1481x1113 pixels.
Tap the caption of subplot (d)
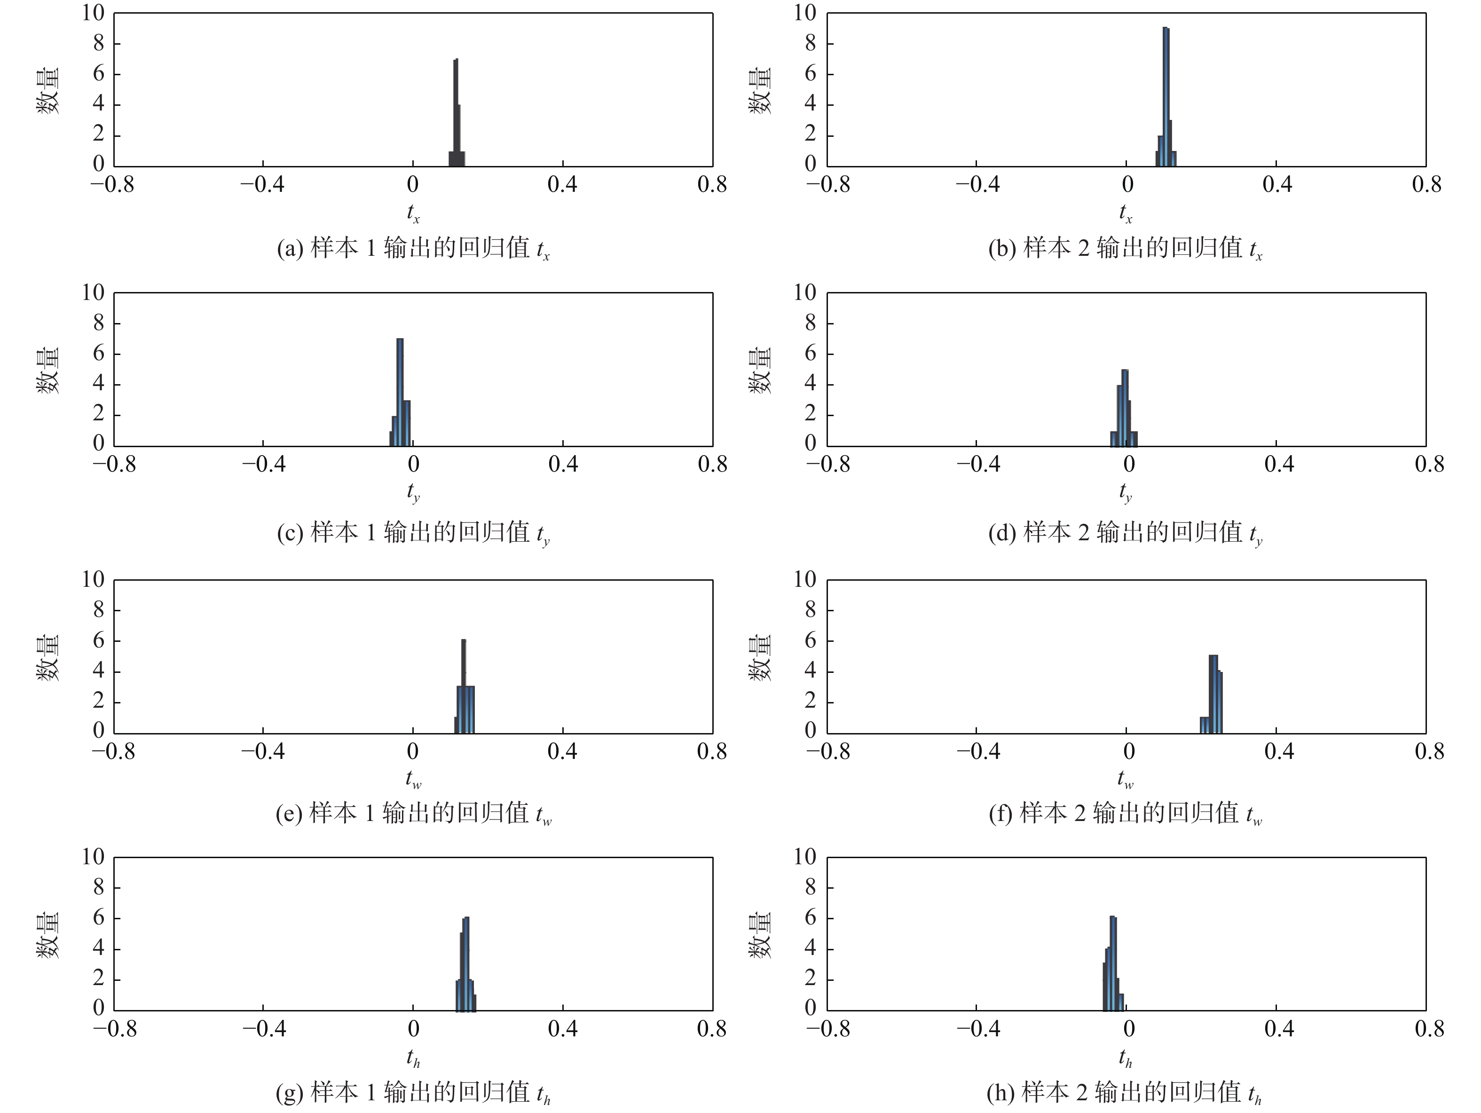[x=1125, y=533]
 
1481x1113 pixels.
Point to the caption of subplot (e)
[x=413, y=813]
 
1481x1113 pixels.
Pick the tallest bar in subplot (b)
[x=1166, y=97]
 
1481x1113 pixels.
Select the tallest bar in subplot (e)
[x=463, y=687]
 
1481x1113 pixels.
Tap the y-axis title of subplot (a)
[x=47, y=90]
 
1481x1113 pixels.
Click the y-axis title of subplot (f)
[x=759, y=658]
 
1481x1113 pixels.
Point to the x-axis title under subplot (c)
[x=413, y=493]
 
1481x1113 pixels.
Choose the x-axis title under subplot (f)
[x=1125, y=779]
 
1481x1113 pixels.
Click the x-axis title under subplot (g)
[x=413, y=1058]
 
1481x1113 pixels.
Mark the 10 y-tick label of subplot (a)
[x=93, y=13]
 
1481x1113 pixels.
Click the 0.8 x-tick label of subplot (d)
[x=1429, y=464]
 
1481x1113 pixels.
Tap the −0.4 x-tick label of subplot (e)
[x=263, y=751]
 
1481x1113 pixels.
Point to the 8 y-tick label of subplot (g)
[x=98, y=887]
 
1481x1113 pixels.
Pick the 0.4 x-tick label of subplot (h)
[x=1279, y=1029]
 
